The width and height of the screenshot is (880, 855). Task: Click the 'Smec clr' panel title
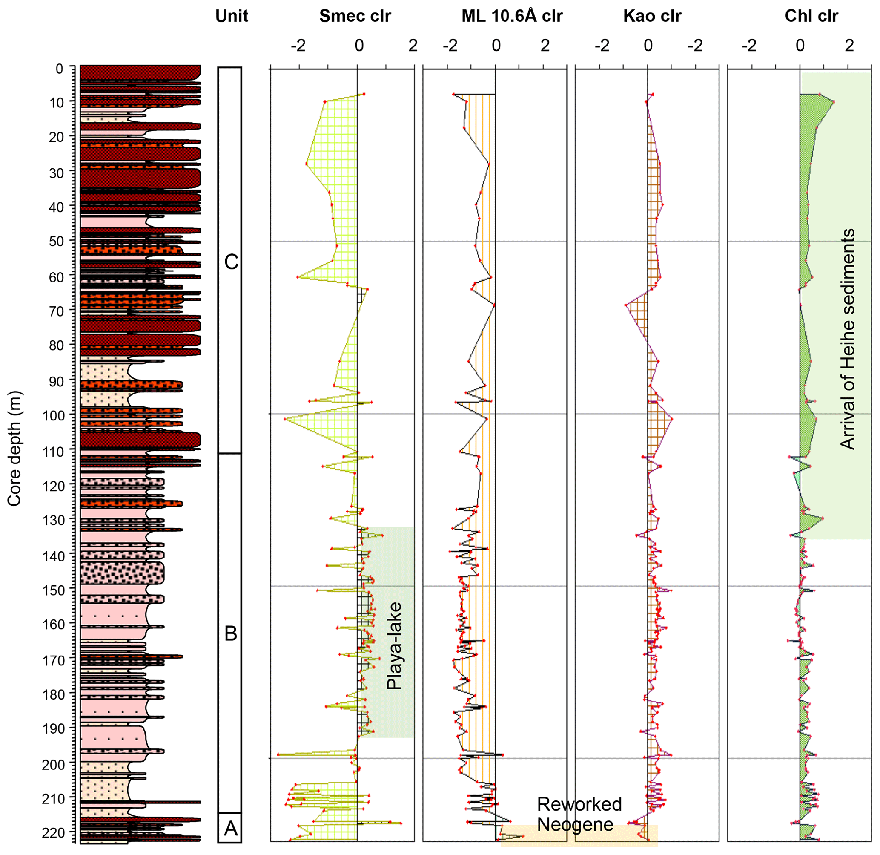click(355, 16)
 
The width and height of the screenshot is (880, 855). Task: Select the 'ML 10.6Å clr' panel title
click(512, 16)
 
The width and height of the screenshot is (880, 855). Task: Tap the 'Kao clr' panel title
click(652, 16)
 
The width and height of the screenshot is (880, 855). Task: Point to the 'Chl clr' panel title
click(811, 16)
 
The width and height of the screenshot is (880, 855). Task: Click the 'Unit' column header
click(232, 16)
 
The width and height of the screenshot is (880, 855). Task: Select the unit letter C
click(231, 262)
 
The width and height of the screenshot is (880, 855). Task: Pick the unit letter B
click(231, 633)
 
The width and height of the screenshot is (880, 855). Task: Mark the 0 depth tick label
click(59, 69)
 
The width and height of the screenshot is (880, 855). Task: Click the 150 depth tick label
click(55, 590)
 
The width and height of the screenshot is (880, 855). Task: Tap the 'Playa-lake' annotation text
click(394, 646)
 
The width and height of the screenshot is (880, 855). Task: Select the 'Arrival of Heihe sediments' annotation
click(847, 339)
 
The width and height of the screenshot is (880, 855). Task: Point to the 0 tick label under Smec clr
click(359, 46)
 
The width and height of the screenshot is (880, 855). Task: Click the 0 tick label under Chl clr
click(800, 46)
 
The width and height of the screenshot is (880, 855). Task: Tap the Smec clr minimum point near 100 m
click(285, 419)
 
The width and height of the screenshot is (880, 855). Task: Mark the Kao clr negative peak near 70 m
click(625, 305)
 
